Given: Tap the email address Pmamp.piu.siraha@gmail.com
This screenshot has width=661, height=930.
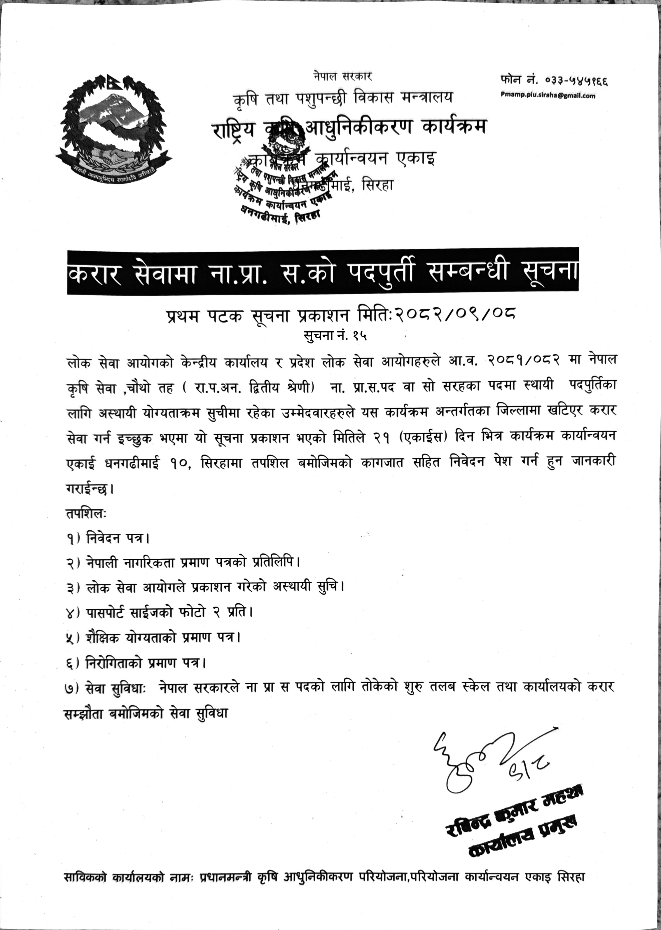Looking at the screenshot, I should tap(548, 96).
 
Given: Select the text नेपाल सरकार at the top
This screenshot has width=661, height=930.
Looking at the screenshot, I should tap(343, 76).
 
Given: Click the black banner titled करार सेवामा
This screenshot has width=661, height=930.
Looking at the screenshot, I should tap(323, 271).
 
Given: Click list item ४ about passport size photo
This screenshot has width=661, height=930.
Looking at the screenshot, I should tap(159, 612).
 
